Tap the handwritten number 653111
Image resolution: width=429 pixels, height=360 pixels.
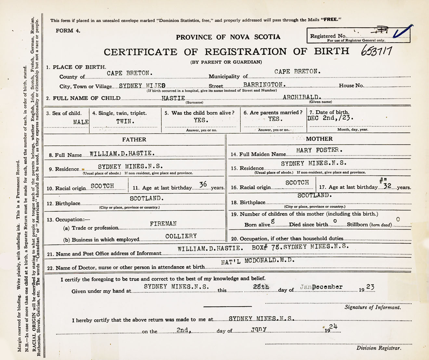click(376, 51)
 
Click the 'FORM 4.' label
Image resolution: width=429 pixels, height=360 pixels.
click(68, 31)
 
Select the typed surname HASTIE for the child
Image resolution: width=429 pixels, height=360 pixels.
click(173, 98)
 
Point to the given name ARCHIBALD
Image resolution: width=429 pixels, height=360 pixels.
click(302, 97)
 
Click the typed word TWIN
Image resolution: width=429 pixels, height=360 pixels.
click(125, 121)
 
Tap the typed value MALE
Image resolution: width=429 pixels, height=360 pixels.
click(81, 122)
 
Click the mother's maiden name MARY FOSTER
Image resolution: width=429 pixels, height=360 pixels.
click(319, 150)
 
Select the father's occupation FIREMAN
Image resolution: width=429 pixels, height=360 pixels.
click(163, 224)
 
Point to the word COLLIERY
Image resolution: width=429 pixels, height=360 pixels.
click(181, 236)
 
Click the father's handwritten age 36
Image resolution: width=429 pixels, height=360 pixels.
click(203, 185)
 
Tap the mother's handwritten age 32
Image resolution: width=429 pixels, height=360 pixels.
click(387, 186)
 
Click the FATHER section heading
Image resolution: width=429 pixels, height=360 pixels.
click(134, 140)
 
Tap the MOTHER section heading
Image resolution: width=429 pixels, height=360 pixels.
click(319, 139)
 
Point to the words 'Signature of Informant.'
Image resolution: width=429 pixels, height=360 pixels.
click(372, 307)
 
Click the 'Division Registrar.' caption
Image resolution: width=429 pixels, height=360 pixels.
click(378, 348)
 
